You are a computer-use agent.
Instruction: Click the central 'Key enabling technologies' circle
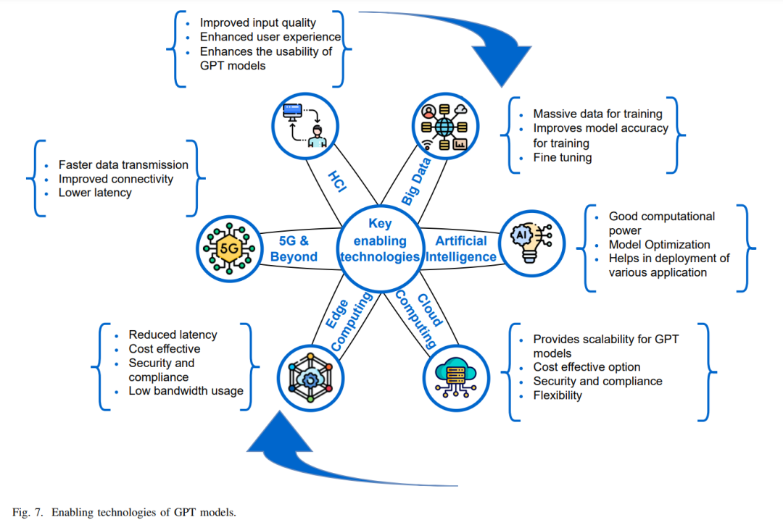pyautogui.click(x=380, y=248)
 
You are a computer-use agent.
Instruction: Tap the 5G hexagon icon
pyautogui.click(x=229, y=248)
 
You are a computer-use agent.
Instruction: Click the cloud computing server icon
pyautogui.click(x=455, y=377)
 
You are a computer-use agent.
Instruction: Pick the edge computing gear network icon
pyautogui.click(x=310, y=377)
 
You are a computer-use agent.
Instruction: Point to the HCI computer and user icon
pyautogui.click(x=304, y=126)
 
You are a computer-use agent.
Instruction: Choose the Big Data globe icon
pyautogui.click(x=444, y=127)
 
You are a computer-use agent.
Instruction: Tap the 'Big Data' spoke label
pyautogui.click(x=415, y=181)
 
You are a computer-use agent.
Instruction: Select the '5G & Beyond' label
pyautogui.click(x=294, y=248)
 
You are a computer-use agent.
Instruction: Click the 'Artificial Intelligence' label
pyautogui.click(x=461, y=248)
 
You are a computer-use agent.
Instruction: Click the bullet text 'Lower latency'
pyautogui.click(x=95, y=193)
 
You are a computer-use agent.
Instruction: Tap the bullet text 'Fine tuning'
pyautogui.click(x=563, y=158)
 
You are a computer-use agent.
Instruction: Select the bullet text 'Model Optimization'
pyautogui.click(x=659, y=244)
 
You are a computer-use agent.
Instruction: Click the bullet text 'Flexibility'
pyautogui.click(x=558, y=395)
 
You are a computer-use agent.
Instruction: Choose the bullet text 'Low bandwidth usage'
pyautogui.click(x=186, y=391)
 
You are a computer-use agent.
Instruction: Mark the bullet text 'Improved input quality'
pyautogui.click(x=257, y=23)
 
